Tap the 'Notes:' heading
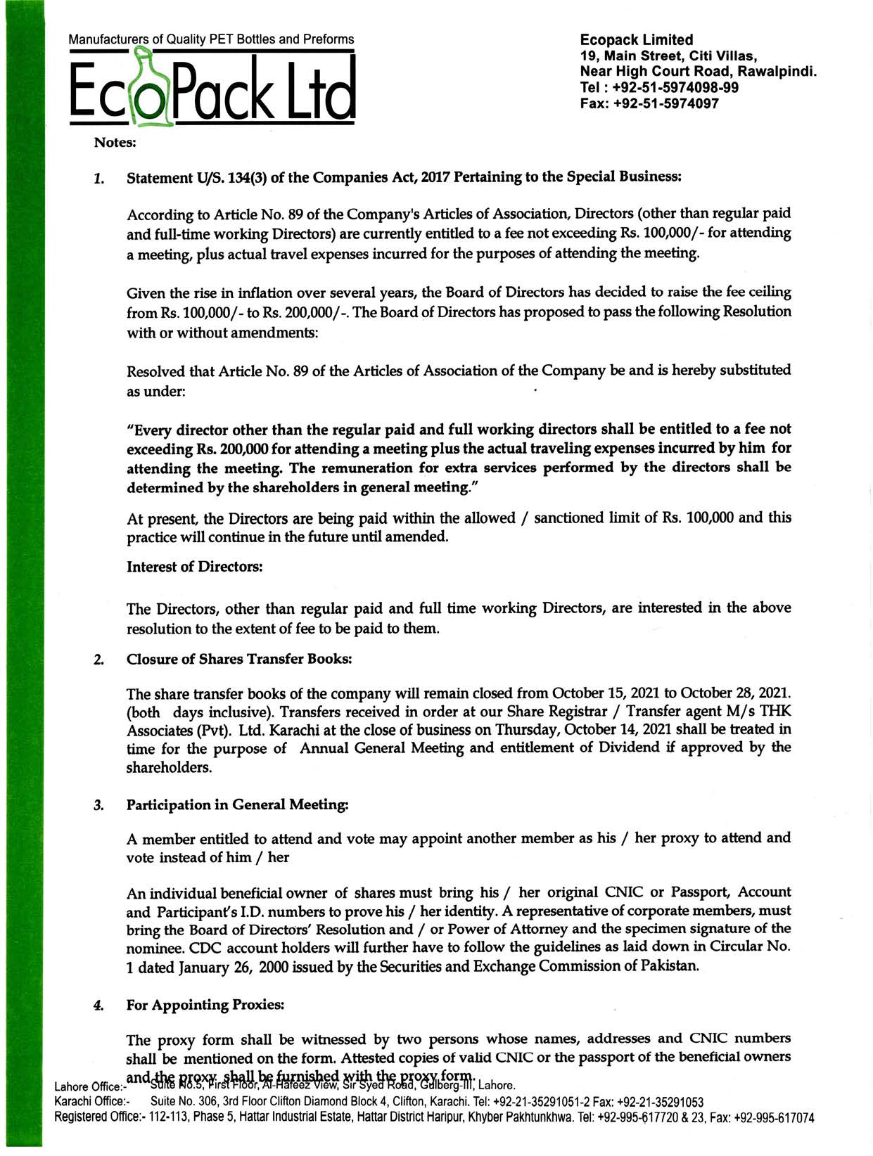point(115,143)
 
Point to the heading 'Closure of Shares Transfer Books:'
point(238,660)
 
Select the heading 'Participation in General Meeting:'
point(237,805)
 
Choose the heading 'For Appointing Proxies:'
point(205,1006)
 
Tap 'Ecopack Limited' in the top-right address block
point(636,40)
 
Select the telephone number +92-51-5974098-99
point(675,88)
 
